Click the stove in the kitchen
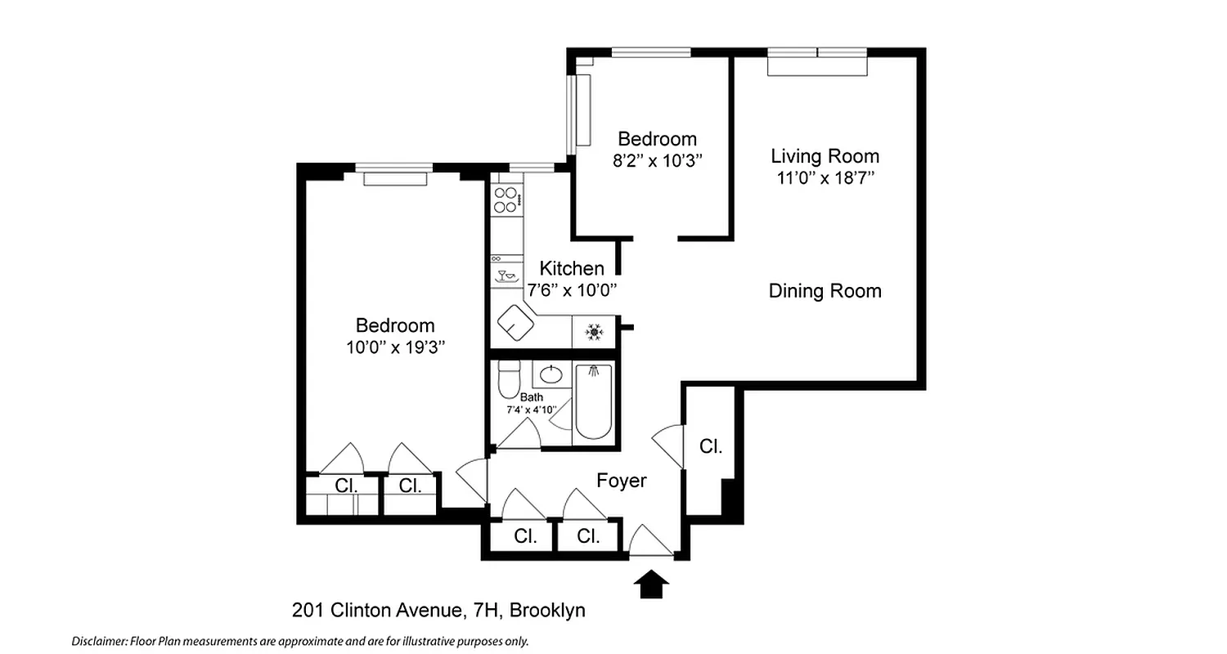coord(506,199)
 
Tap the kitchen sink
coord(516,324)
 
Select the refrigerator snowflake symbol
coord(594,332)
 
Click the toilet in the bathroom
coord(509,379)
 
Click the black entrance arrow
coord(651,585)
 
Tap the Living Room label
coord(825,156)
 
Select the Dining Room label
coord(825,291)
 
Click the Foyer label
coord(622,481)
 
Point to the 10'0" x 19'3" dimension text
coord(395,347)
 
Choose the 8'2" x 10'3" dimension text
coord(658,161)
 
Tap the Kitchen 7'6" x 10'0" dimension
coord(572,289)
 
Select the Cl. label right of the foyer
coord(711,446)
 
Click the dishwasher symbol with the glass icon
coord(507,275)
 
